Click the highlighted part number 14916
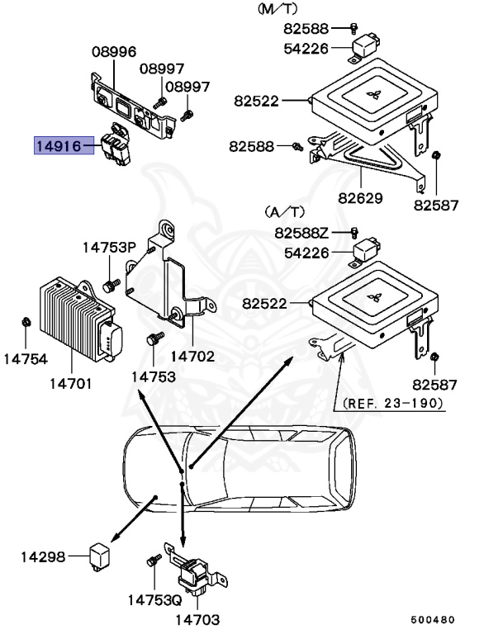[x=57, y=147]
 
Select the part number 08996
[x=113, y=51]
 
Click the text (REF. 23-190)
[x=392, y=403]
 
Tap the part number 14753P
[x=108, y=247]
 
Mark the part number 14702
[x=192, y=357]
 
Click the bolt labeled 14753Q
[x=152, y=561]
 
